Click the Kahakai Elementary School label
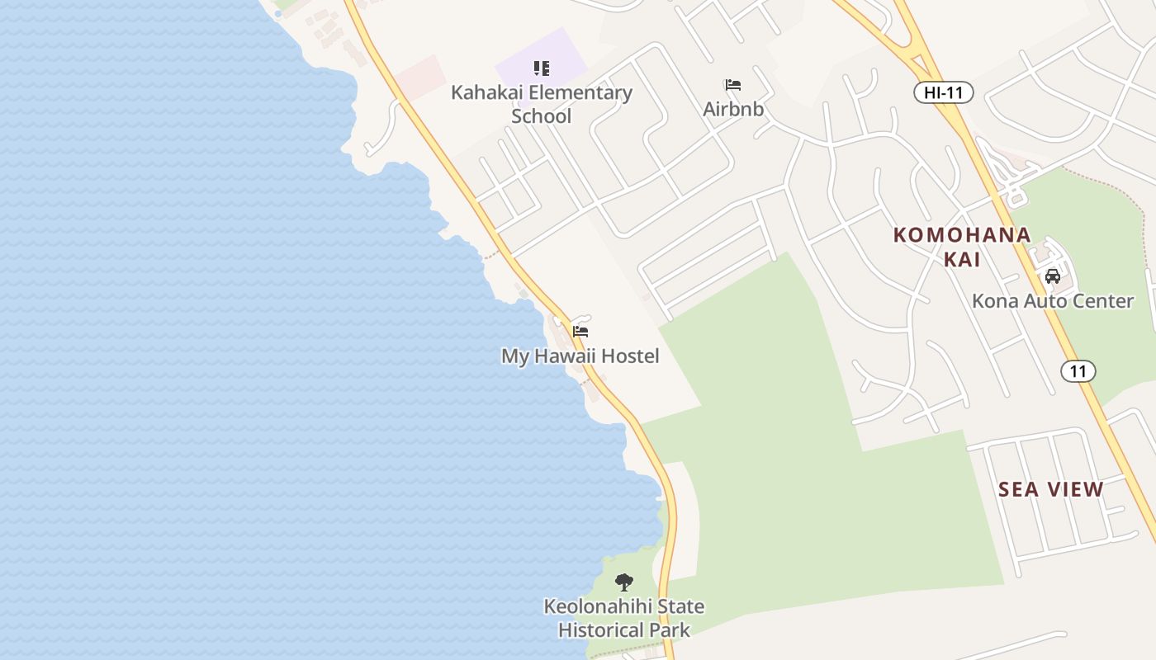click(x=541, y=104)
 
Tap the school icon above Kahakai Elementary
click(x=541, y=68)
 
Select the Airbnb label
click(x=733, y=109)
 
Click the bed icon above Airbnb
click(x=732, y=85)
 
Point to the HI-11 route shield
click(x=944, y=92)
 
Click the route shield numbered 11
click(x=1078, y=371)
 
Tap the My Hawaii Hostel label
click(x=580, y=356)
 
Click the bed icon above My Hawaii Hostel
click(x=580, y=332)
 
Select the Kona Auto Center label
click(x=1053, y=300)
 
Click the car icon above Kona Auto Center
click(x=1053, y=276)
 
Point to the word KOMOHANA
click(x=962, y=235)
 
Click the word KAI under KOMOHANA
click(x=962, y=259)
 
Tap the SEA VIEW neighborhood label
click(x=1050, y=489)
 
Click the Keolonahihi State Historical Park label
click(x=623, y=618)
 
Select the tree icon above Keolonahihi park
click(x=624, y=582)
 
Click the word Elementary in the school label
click(x=580, y=92)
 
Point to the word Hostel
click(x=630, y=356)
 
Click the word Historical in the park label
click(x=604, y=630)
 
